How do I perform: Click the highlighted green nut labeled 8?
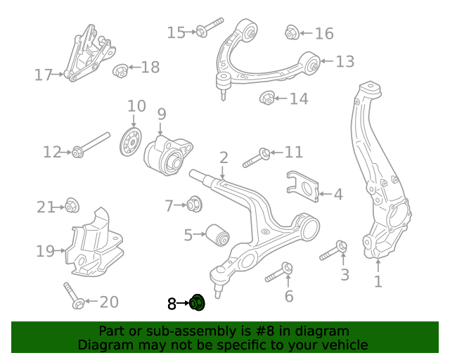click(x=197, y=303)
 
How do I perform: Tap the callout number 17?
click(x=44, y=75)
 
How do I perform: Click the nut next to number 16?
click(x=292, y=32)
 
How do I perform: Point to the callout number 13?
click(x=345, y=62)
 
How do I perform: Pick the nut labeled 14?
click(x=268, y=98)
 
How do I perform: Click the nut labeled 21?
click(x=71, y=206)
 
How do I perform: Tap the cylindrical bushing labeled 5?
click(x=217, y=235)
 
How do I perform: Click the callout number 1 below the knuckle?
click(x=378, y=283)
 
